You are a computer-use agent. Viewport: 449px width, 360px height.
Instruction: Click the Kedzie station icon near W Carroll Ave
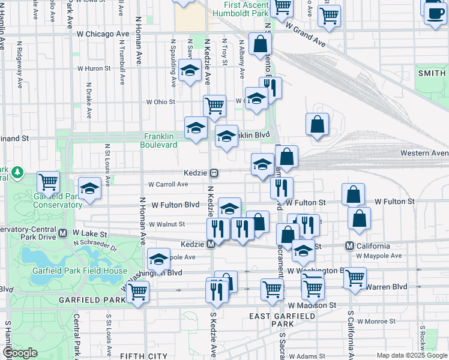[213, 173]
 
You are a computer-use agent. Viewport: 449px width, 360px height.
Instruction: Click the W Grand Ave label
[306, 35]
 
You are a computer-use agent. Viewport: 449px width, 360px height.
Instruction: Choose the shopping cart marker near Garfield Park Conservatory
[48, 181]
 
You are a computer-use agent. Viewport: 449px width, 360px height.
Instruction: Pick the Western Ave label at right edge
[424, 154]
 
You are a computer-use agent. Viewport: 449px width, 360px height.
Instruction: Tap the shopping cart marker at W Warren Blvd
[355, 278]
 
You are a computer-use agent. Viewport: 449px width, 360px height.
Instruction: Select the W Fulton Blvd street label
[175, 205]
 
